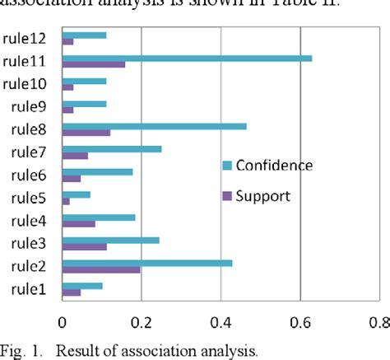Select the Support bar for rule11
point(94,64)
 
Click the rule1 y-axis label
point(29,288)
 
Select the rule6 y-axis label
point(29,175)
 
